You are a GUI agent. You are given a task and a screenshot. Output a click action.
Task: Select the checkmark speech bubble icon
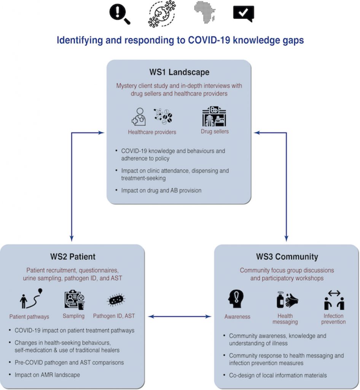244,14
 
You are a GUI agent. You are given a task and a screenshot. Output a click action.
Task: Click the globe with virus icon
162,14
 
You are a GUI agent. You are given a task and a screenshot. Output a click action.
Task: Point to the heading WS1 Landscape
179,72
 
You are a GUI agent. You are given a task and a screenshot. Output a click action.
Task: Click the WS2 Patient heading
73,257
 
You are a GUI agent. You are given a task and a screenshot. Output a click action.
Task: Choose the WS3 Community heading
287,257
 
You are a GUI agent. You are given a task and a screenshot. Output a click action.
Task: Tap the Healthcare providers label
152,132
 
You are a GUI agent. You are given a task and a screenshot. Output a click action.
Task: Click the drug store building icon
214,116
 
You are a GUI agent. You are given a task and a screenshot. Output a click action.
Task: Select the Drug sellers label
215,131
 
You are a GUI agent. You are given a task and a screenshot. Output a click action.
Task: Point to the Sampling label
73,316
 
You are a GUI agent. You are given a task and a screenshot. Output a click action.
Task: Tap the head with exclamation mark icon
236,299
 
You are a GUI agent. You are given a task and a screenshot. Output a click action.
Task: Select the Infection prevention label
333,319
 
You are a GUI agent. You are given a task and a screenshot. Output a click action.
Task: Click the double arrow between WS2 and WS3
179,316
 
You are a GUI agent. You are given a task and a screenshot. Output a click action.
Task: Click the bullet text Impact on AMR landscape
47,375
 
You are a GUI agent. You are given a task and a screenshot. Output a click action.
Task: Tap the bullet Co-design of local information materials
278,375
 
